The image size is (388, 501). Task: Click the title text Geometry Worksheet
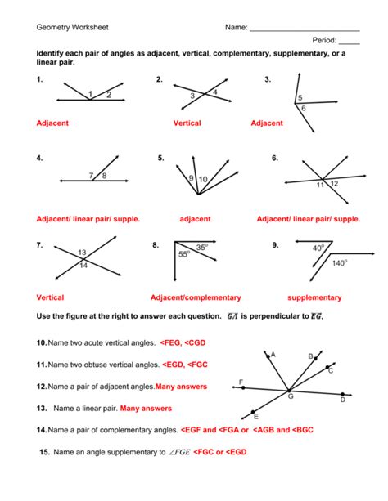(x=71, y=27)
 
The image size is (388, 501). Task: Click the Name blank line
(x=304, y=29)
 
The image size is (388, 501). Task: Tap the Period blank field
(x=349, y=42)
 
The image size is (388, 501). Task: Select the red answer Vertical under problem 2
(x=187, y=123)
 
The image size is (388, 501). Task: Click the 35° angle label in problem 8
(x=202, y=246)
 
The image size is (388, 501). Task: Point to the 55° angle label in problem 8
(x=184, y=255)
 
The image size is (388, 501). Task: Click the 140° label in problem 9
(x=339, y=263)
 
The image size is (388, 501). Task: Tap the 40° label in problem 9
(x=318, y=247)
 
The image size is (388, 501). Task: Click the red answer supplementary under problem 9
(x=315, y=297)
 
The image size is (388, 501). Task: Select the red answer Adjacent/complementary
(x=196, y=297)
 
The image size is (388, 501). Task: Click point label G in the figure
(x=290, y=396)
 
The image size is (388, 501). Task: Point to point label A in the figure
(x=273, y=355)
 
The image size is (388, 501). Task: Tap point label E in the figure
(x=256, y=416)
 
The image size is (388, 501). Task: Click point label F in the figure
(x=241, y=382)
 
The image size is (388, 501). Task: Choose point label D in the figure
(x=342, y=400)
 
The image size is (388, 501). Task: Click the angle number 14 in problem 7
(x=83, y=266)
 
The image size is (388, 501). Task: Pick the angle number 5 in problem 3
(x=300, y=98)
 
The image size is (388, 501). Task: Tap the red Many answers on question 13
(x=146, y=408)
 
